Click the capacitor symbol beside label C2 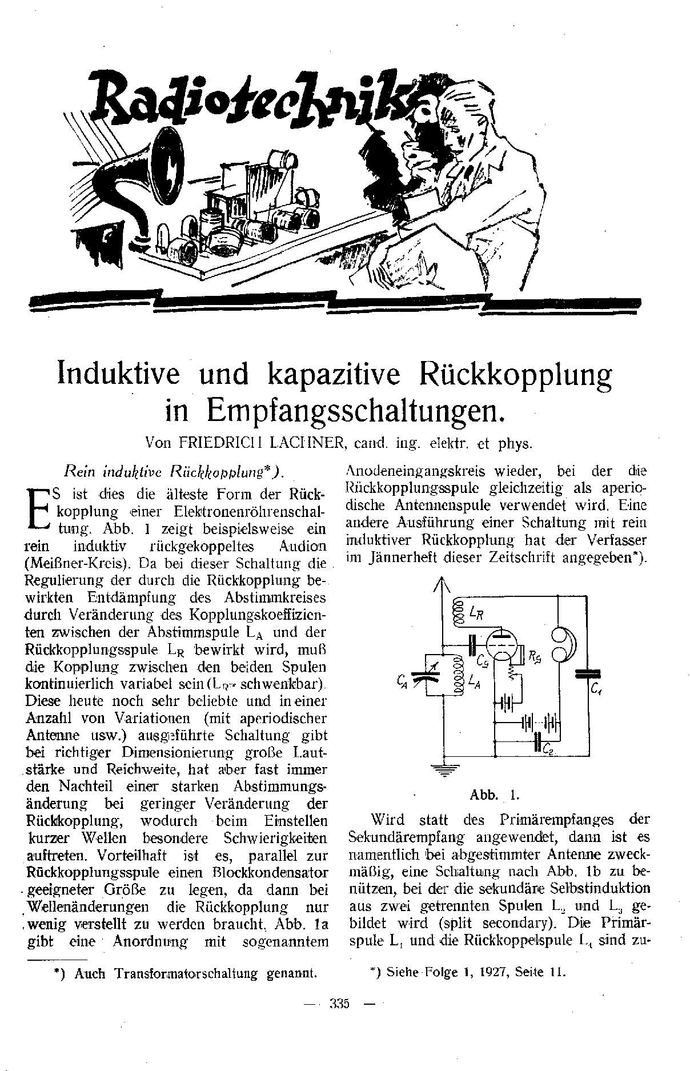tap(538, 741)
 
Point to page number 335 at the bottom tap(340, 1019)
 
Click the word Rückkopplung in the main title tap(516, 374)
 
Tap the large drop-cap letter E tap(38, 508)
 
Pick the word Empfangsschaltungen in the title tap(352, 410)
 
